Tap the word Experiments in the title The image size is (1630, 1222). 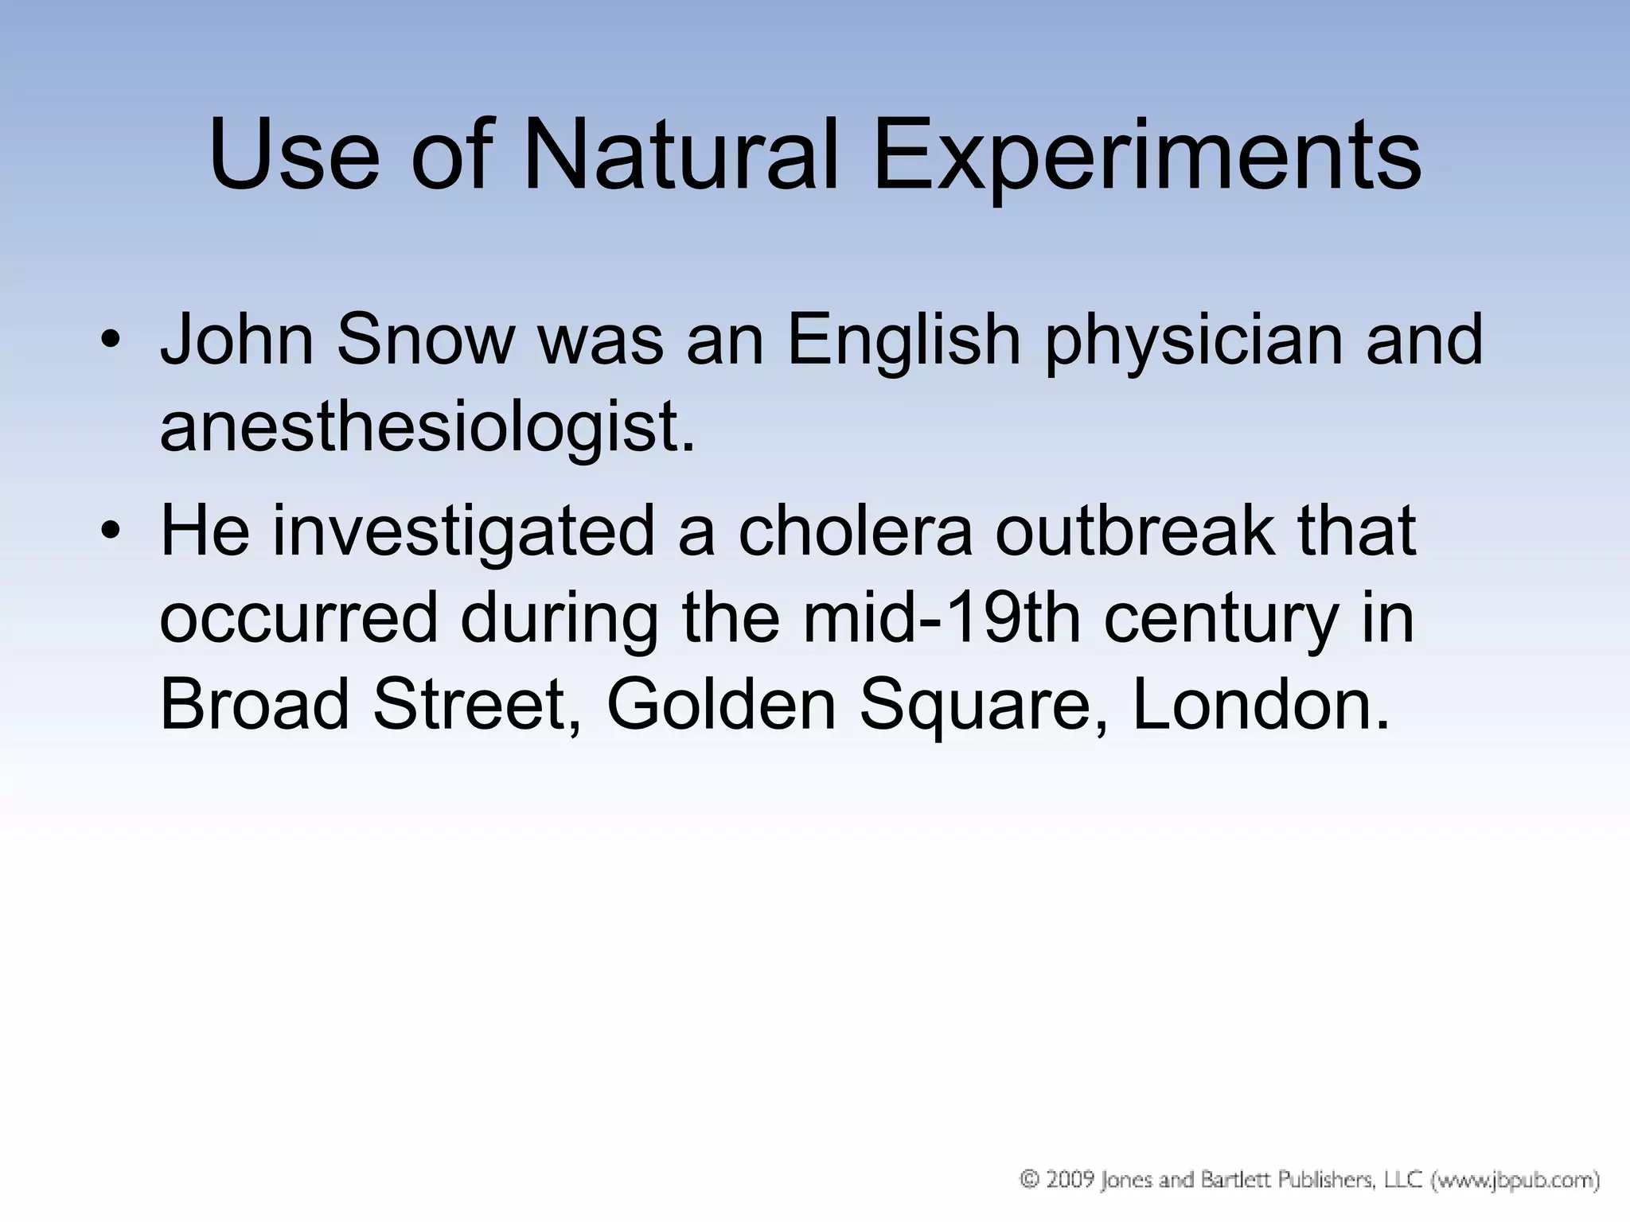pyautogui.click(x=1147, y=159)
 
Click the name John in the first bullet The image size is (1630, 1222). pyautogui.click(x=237, y=340)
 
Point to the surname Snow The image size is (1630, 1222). pyautogui.click(x=425, y=340)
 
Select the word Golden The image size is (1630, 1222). pyautogui.click(x=721, y=706)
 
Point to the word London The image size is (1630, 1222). pyautogui.click(x=1261, y=706)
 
